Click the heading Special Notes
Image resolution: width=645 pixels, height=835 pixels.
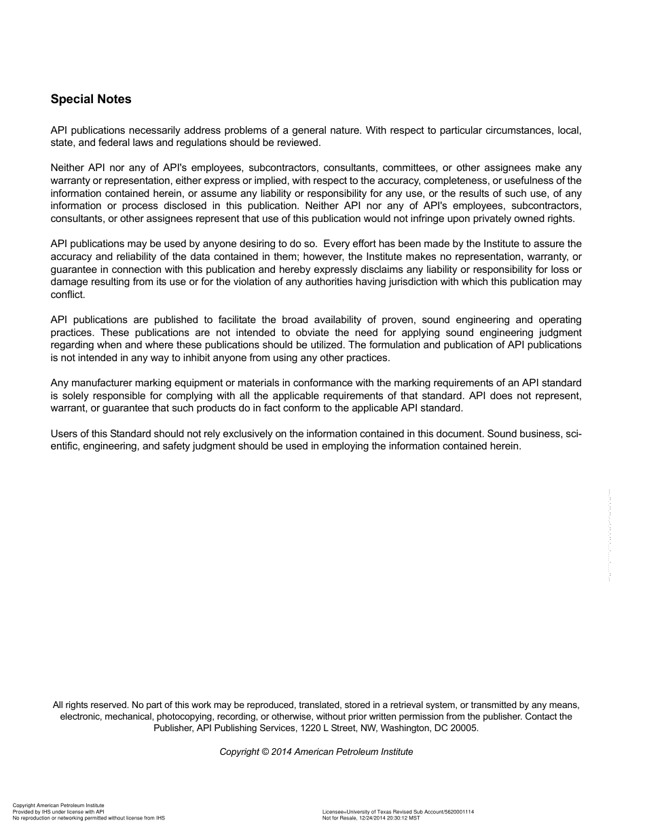[x=91, y=99]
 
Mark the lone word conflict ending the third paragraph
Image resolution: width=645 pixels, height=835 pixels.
[x=67, y=295]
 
